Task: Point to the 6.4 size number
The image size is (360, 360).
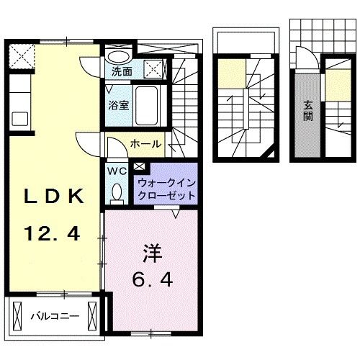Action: pos(150,279)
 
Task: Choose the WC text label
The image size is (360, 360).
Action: pos(116,171)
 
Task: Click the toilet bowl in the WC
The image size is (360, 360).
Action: pos(117,193)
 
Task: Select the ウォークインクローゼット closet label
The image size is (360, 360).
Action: pos(166,189)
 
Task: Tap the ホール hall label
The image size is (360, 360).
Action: pos(145,144)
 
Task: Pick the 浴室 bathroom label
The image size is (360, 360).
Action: pos(119,104)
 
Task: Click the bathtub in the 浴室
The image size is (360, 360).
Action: pos(150,106)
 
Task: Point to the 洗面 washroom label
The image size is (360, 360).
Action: pos(122,72)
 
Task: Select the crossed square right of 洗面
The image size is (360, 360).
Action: pos(152,70)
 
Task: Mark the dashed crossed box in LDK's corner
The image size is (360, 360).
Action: pos(22,55)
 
